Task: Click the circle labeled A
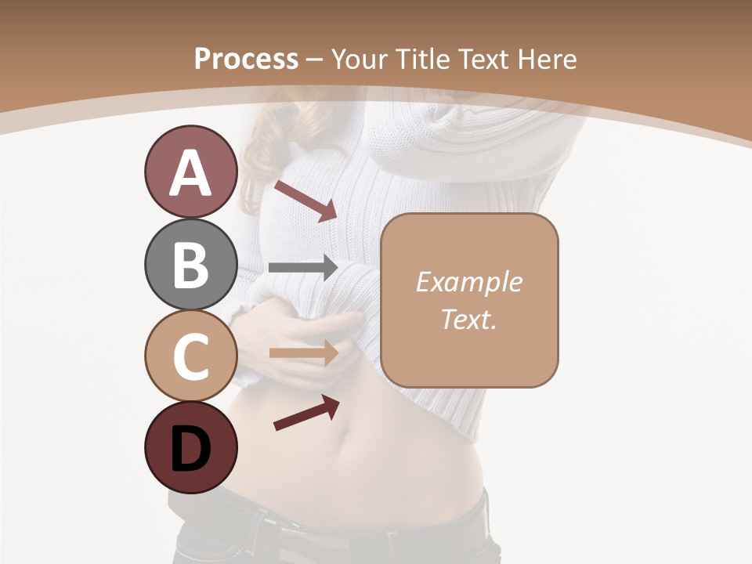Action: [x=190, y=172]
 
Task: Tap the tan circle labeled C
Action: [x=190, y=356]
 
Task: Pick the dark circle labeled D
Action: [x=190, y=448]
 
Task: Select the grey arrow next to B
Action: [x=303, y=268]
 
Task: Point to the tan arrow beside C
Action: [x=303, y=352]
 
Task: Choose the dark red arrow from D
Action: [x=306, y=413]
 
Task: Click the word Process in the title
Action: [x=246, y=59]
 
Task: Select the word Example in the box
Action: [x=468, y=282]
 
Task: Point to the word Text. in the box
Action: [x=468, y=319]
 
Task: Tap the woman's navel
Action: [x=350, y=432]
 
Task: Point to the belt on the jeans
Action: [x=329, y=533]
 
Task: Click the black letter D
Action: [x=190, y=449]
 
